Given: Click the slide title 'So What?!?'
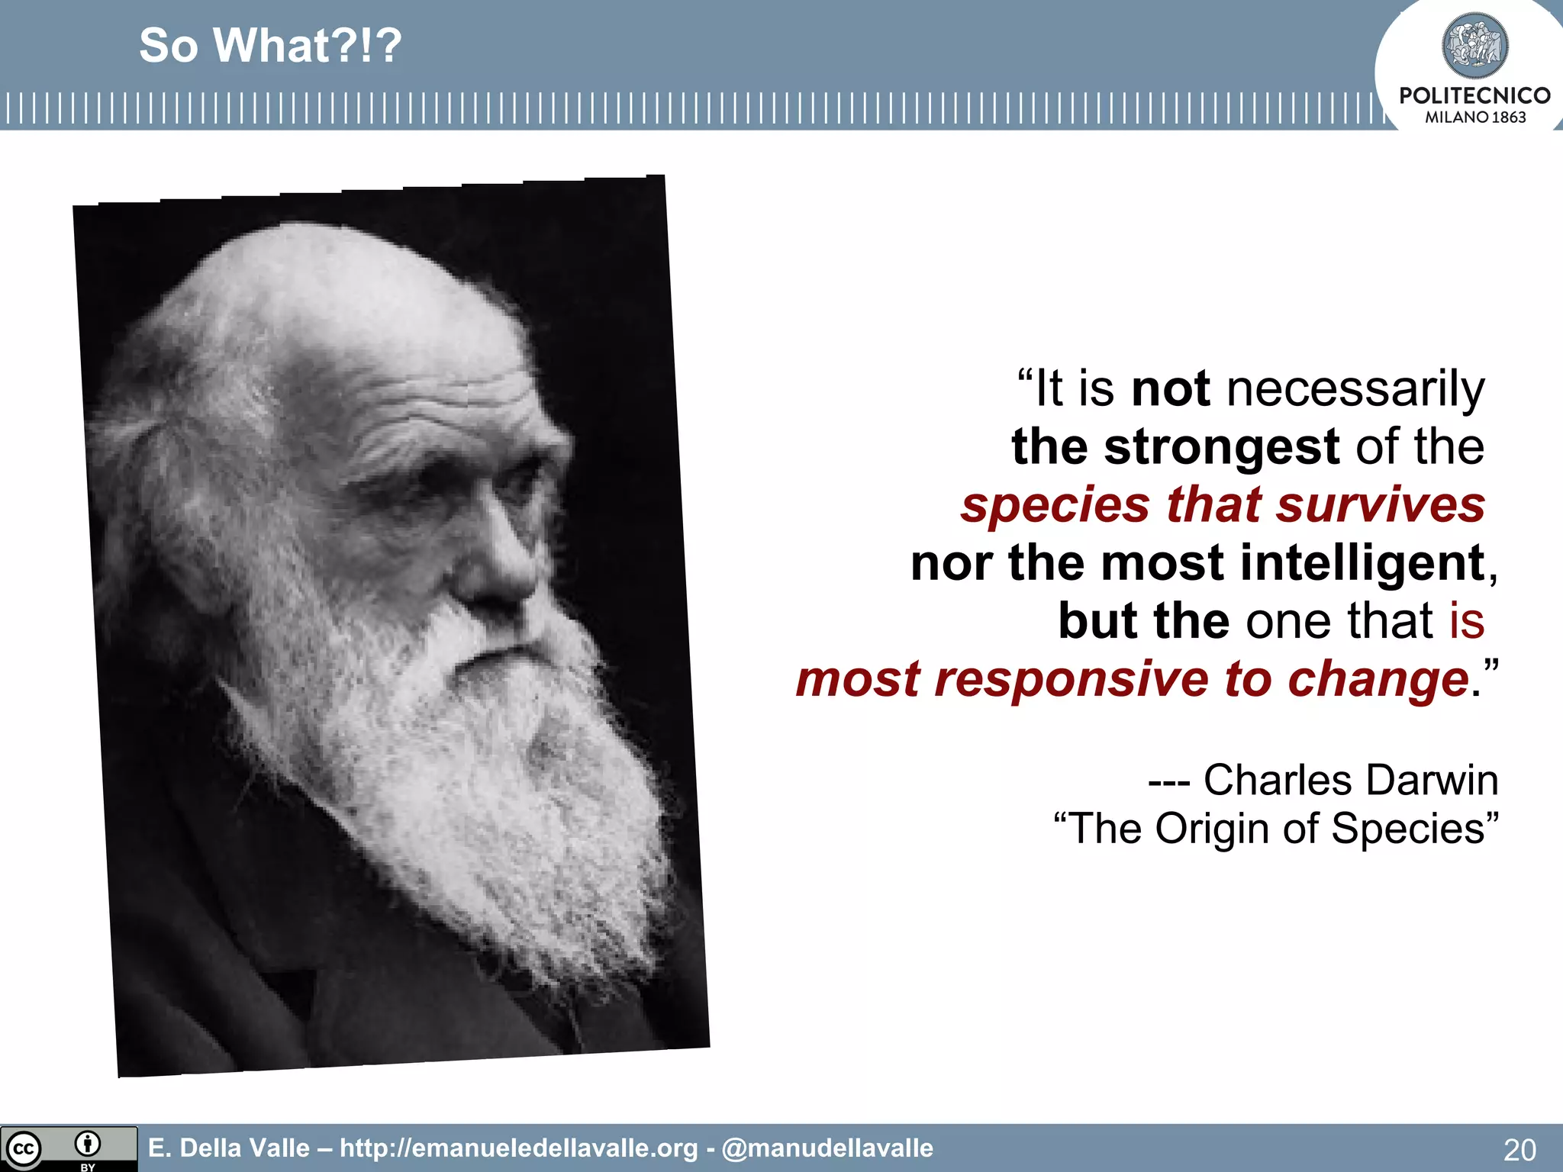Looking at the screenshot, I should point(270,46).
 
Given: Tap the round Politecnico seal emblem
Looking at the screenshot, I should point(1474,46).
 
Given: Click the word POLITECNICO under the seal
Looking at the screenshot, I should point(1474,95).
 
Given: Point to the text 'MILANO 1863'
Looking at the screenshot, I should point(1474,118).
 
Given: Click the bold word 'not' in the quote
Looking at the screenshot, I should point(1170,388).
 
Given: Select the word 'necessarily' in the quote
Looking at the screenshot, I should point(1355,390).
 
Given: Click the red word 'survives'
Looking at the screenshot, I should point(1381,505).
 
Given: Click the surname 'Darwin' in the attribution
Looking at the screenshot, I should point(1432,780).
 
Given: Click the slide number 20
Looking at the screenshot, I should point(1519,1149).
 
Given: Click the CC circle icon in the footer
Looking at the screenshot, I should point(23,1149).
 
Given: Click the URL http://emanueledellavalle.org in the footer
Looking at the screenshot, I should point(519,1148).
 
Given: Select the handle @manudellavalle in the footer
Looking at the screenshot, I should point(827,1148).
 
